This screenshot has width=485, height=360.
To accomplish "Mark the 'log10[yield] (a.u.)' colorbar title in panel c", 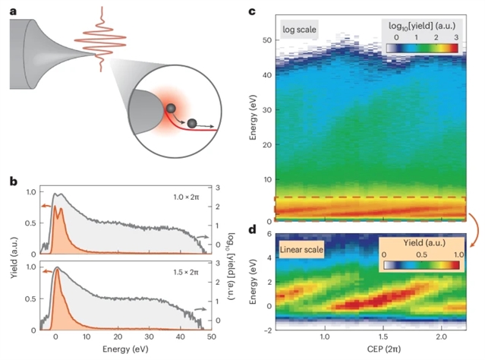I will coord(424,24).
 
